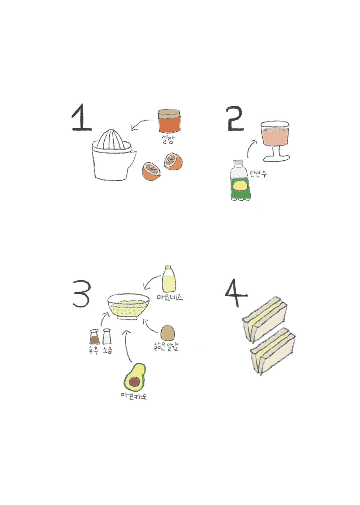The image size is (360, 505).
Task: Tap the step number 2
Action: pyautogui.click(x=235, y=119)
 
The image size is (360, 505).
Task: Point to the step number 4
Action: pyautogui.click(x=236, y=293)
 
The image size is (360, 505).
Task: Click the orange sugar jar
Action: pyautogui.click(x=169, y=121)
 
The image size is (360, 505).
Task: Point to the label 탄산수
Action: pyautogui.click(x=258, y=174)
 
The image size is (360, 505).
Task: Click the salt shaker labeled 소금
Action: pyautogui.click(x=107, y=336)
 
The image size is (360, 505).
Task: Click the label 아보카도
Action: pyautogui.click(x=134, y=396)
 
